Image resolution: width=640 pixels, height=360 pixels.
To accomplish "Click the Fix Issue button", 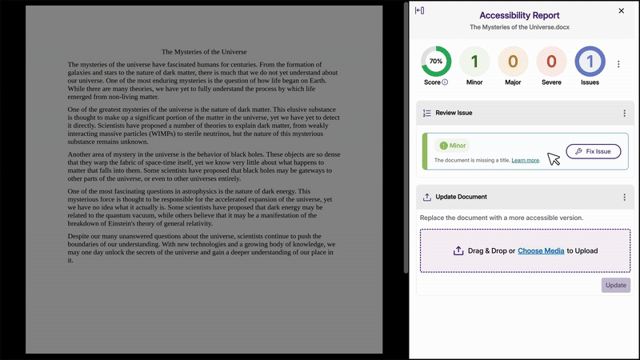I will [x=593, y=151].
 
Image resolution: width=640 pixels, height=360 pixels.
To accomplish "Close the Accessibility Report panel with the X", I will [x=622, y=11].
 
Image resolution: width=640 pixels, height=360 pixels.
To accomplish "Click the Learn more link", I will [x=526, y=161].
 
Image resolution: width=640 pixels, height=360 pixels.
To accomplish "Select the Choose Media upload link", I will [x=541, y=250].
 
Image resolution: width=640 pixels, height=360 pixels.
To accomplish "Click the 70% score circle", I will [x=436, y=62].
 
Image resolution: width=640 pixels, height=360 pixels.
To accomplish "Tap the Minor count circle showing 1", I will [x=474, y=62].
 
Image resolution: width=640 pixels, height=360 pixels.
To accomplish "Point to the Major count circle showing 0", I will [x=513, y=62].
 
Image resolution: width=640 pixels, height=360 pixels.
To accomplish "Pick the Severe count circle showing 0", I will [x=552, y=62].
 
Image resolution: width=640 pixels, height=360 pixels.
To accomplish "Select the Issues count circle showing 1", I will [x=590, y=62].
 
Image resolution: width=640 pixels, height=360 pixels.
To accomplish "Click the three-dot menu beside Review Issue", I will [x=625, y=114].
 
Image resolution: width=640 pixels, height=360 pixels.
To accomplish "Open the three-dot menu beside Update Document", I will [x=625, y=197].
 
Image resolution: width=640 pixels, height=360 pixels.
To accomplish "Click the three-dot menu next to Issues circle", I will [x=618, y=64].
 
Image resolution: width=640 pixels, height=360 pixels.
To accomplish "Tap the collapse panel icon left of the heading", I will [x=420, y=10].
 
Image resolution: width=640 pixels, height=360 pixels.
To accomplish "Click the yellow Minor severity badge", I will [x=452, y=146].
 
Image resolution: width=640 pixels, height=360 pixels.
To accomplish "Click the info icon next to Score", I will [x=445, y=82].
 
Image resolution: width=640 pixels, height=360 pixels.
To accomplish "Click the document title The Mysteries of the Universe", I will [x=204, y=51].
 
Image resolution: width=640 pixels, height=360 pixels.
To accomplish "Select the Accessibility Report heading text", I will [x=519, y=15].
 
